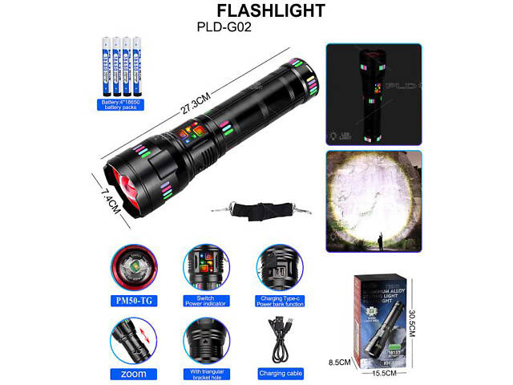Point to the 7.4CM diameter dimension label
(110, 200)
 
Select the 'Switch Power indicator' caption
(204, 302)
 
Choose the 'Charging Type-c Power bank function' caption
(278, 302)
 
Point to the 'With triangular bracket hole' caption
(204, 373)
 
